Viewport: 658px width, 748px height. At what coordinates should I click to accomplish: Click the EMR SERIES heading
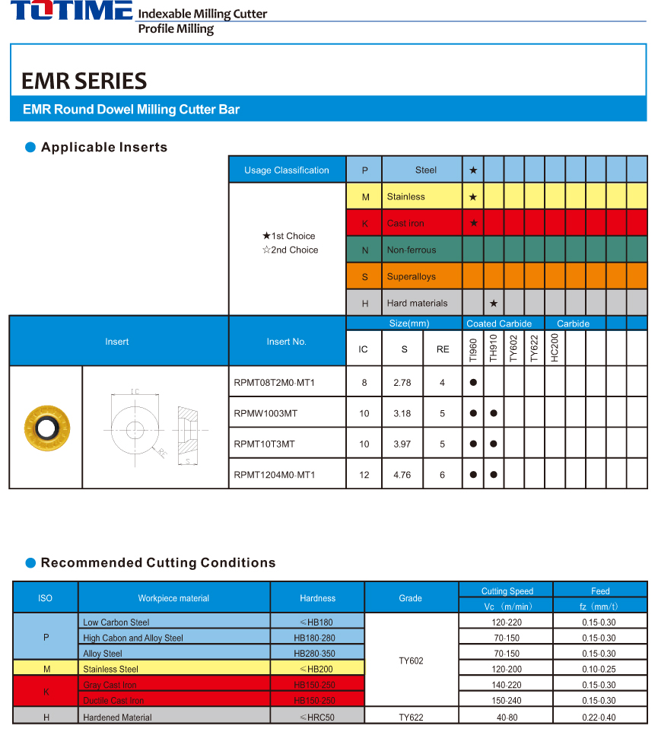pyautogui.click(x=84, y=81)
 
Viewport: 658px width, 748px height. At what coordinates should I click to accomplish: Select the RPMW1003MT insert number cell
pyautogui.click(x=265, y=413)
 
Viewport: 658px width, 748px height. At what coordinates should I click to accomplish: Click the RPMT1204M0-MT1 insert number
pyautogui.click(x=275, y=475)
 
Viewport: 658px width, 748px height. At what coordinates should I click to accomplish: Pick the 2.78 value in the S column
pyautogui.click(x=402, y=383)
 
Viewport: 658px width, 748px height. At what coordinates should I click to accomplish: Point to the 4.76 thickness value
pyautogui.click(x=402, y=475)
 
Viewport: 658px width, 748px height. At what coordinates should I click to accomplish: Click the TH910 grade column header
pyautogui.click(x=494, y=348)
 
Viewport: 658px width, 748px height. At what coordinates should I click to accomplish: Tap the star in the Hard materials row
pyautogui.click(x=494, y=303)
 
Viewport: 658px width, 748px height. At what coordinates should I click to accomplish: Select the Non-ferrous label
pyautogui.click(x=412, y=250)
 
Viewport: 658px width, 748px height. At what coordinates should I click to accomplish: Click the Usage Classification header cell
pyautogui.click(x=287, y=170)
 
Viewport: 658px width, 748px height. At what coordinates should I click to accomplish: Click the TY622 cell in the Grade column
pyautogui.click(x=411, y=717)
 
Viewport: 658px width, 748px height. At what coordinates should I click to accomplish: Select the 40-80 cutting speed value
pyautogui.click(x=506, y=717)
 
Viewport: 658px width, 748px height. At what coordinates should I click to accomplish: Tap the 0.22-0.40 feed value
pyautogui.click(x=599, y=717)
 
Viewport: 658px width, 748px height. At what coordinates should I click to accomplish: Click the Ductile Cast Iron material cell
pyautogui.click(x=113, y=701)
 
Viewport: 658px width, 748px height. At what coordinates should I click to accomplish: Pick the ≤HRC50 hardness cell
pyautogui.click(x=317, y=717)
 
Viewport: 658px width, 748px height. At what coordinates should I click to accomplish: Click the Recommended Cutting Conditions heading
pyautogui.click(x=158, y=563)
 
